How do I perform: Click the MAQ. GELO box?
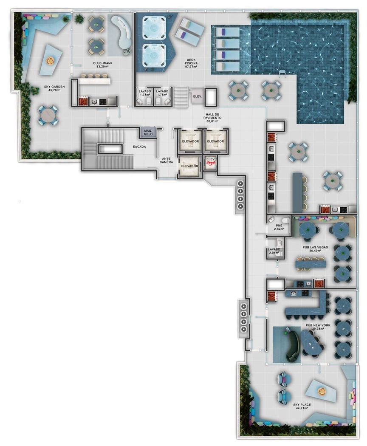148,133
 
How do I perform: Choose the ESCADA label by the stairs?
139,147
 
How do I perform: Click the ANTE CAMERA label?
166,161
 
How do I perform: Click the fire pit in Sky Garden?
51,60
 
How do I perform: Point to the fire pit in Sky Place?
322,391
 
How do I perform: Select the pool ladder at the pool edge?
282,73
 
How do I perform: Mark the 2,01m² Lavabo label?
274,251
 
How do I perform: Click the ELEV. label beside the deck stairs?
198,96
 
